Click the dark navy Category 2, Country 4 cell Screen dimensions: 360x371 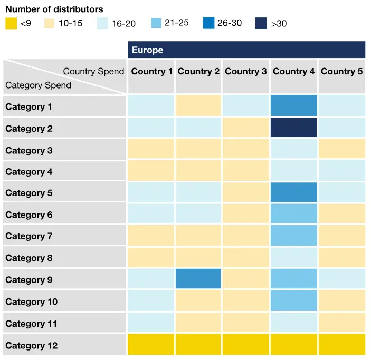294,128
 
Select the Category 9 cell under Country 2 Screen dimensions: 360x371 198,279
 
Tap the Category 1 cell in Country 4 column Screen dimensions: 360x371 294,106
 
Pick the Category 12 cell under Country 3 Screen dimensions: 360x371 246,344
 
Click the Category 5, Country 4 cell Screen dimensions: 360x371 294,192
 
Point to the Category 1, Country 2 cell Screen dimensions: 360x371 198,106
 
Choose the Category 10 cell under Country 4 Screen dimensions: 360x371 294,301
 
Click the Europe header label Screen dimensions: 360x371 148,50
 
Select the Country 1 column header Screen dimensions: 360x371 151,72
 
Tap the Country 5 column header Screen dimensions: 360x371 341,72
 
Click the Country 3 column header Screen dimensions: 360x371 246,72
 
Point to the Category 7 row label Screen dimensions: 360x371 29,236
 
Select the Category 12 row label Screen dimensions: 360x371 32,346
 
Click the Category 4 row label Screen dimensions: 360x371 29,172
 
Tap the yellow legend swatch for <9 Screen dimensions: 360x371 11,23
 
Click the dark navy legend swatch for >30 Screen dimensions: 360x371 261,23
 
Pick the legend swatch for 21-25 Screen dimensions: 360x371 157,23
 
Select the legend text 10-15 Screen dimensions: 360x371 70,23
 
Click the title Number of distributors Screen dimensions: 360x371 54,9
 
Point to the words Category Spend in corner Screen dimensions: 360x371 38,85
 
